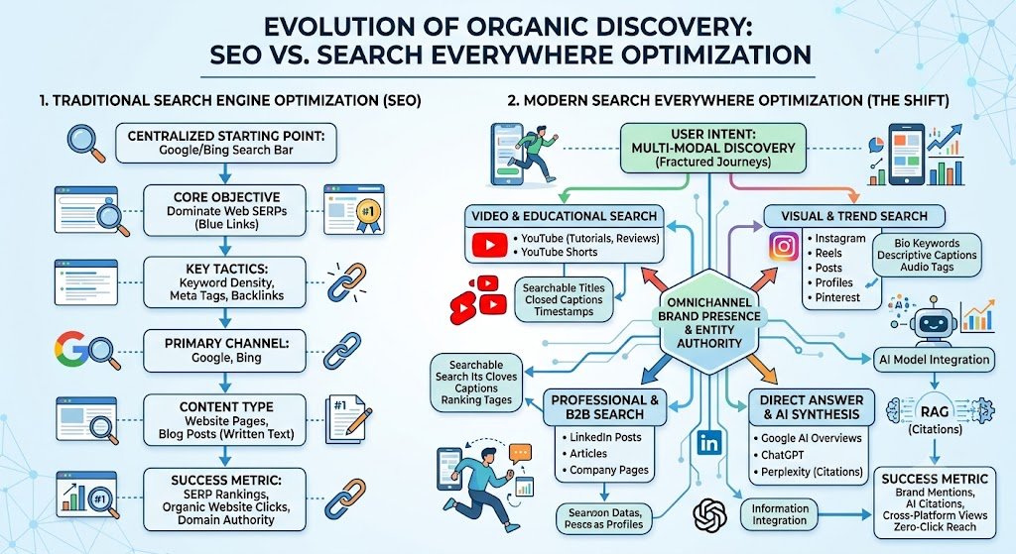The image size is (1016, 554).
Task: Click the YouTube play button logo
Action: [489, 245]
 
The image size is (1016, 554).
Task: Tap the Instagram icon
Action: [784, 247]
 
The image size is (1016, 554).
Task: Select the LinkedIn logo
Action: [709, 443]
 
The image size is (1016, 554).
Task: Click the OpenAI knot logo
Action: [710, 515]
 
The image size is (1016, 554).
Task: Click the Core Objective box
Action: [224, 210]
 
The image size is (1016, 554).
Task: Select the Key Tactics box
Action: [224, 281]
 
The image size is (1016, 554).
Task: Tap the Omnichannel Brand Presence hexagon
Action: [708, 322]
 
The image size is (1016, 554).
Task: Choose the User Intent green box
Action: [712, 149]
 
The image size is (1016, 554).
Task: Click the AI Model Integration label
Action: [934, 359]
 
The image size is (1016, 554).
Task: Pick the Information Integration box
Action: [780, 514]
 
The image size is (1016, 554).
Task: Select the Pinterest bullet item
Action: [833, 297]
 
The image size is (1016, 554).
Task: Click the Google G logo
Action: [70, 348]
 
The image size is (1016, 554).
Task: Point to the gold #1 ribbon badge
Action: [367, 211]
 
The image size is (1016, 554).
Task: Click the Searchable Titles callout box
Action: [564, 299]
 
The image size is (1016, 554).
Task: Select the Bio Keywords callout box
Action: [927, 255]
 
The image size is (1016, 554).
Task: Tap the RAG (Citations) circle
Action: [935, 416]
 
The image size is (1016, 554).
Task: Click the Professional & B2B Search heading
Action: [604, 407]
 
